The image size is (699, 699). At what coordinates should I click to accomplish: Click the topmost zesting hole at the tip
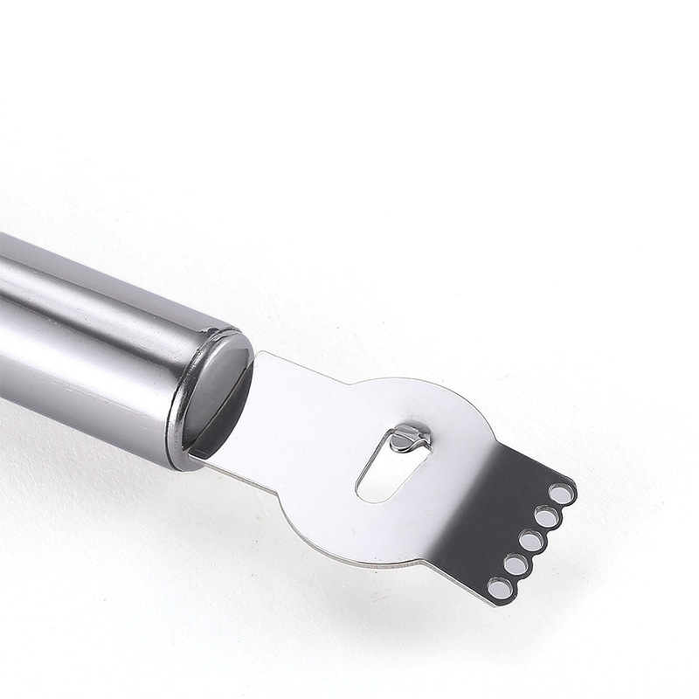(561, 494)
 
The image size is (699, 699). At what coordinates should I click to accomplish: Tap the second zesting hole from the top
(547, 517)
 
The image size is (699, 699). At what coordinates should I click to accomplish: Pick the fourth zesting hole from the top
(516, 564)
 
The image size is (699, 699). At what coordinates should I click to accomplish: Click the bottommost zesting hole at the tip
(501, 588)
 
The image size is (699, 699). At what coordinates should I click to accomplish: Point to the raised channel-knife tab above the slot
(408, 436)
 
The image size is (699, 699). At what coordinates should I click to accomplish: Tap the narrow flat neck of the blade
(288, 411)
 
